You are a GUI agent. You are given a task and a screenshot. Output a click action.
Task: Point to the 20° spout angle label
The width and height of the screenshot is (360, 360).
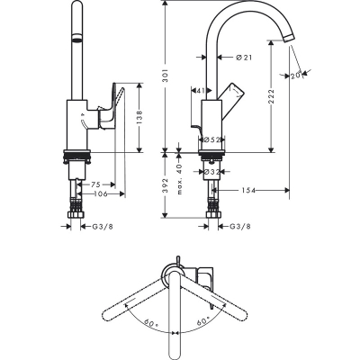299,76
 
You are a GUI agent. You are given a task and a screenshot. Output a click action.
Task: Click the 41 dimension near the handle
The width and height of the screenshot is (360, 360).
201,91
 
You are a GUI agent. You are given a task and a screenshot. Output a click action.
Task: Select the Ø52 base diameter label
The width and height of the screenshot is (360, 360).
212,139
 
